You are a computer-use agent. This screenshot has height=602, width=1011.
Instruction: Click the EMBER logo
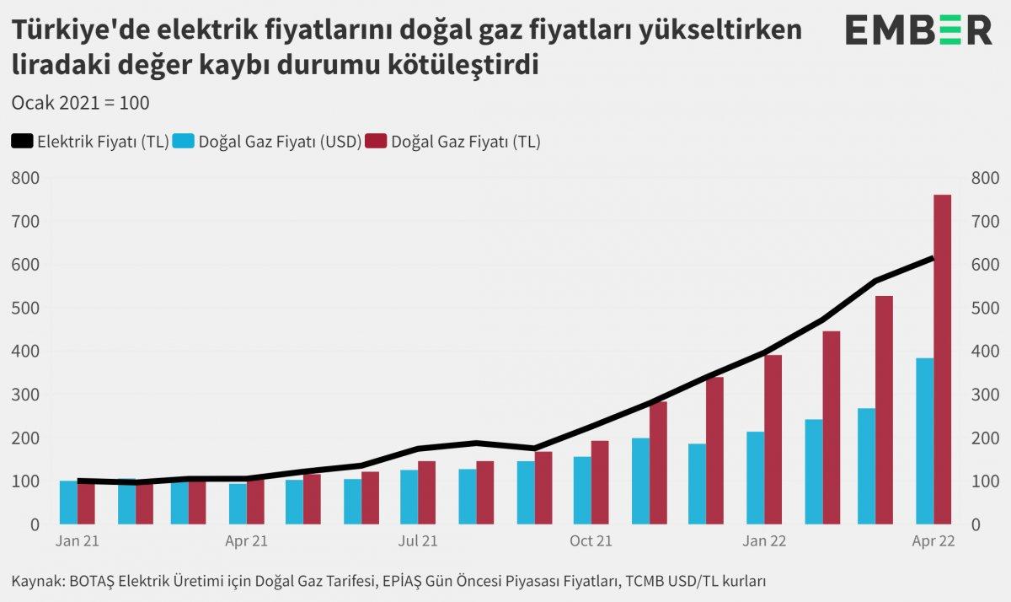[918, 31]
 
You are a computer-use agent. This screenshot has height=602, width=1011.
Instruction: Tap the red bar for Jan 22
[773, 439]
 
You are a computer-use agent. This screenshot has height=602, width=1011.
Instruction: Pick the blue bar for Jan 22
[755, 477]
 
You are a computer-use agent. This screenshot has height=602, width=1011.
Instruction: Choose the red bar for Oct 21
[600, 481]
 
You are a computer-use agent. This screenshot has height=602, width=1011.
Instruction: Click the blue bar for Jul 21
[409, 497]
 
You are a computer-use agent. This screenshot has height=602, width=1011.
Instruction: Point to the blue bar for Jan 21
[68, 502]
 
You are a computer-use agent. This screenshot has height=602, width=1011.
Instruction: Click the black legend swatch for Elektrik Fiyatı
[22, 142]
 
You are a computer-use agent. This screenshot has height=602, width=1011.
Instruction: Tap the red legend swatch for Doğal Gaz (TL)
[376, 142]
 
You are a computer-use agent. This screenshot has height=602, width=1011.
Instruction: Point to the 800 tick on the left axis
[25, 178]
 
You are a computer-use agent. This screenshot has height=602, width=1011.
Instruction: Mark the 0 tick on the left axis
[34, 524]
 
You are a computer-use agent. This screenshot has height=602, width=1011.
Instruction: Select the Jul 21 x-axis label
[419, 541]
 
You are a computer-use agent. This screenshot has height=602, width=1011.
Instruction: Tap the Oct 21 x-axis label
[591, 541]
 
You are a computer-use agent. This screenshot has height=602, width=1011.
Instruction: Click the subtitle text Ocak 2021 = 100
[81, 103]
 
